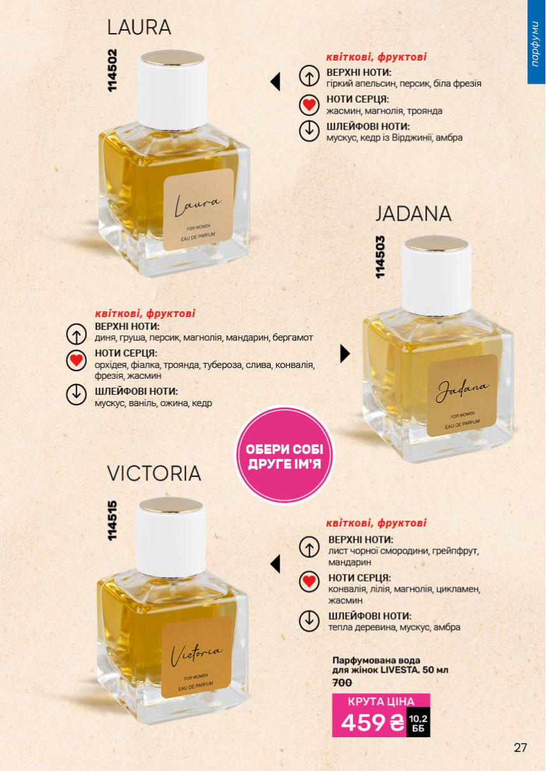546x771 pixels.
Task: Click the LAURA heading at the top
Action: coord(139,27)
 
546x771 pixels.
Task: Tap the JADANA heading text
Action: coord(413,214)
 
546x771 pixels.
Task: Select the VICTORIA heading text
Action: coord(154,473)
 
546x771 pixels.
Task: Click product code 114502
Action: coord(112,70)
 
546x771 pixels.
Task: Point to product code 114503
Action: coord(380,257)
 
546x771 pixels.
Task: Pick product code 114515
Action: coord(112,520)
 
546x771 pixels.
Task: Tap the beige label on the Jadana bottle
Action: coord(462,395)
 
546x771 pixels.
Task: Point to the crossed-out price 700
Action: coord(342,682)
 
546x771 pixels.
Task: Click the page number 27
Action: coord(520,747)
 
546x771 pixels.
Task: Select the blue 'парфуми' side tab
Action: coord(536,42)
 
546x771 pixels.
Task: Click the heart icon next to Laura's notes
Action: coord(309,105)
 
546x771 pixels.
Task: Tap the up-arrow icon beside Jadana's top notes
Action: coord(76,334)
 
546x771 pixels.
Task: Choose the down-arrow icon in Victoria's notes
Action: coord(309,621)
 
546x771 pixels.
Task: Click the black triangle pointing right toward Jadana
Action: coord(345,353)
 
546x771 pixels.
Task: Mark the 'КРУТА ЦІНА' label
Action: coord(381,701)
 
